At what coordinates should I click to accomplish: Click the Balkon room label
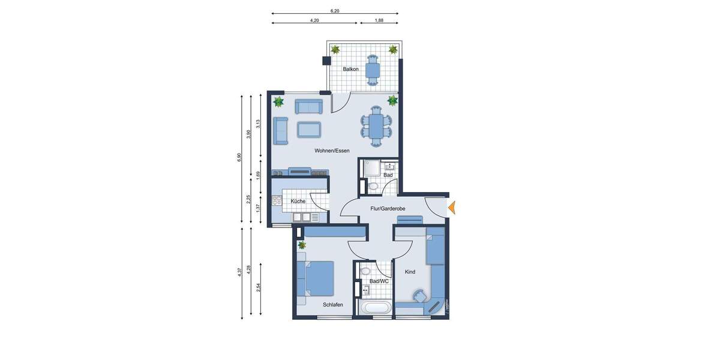click(x=351, y=70)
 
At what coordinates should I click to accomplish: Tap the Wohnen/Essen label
click(x=332, y=151)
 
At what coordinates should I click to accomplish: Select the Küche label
click(x=298, y=202)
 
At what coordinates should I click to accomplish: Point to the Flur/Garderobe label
click(x=388, y=209)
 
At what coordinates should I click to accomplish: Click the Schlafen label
click(x=332, y=305)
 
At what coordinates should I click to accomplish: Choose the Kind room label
click(x=410, y=272)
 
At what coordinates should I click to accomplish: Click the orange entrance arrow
click(x=452, y=208)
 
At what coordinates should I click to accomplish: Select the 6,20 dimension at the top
click(x=335, y=11)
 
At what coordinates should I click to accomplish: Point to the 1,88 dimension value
click(x=379, y=20)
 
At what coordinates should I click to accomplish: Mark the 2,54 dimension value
click(x=258, y=287)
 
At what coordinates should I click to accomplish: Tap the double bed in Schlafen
click(x=317, y=278)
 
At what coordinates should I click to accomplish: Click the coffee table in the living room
click(x=309, y=129)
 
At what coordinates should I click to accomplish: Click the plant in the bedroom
click(x=302, y=245)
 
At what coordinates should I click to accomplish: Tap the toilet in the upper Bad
click(x=374, y=187)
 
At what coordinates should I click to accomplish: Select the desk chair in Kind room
click(x=418, y=296)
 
